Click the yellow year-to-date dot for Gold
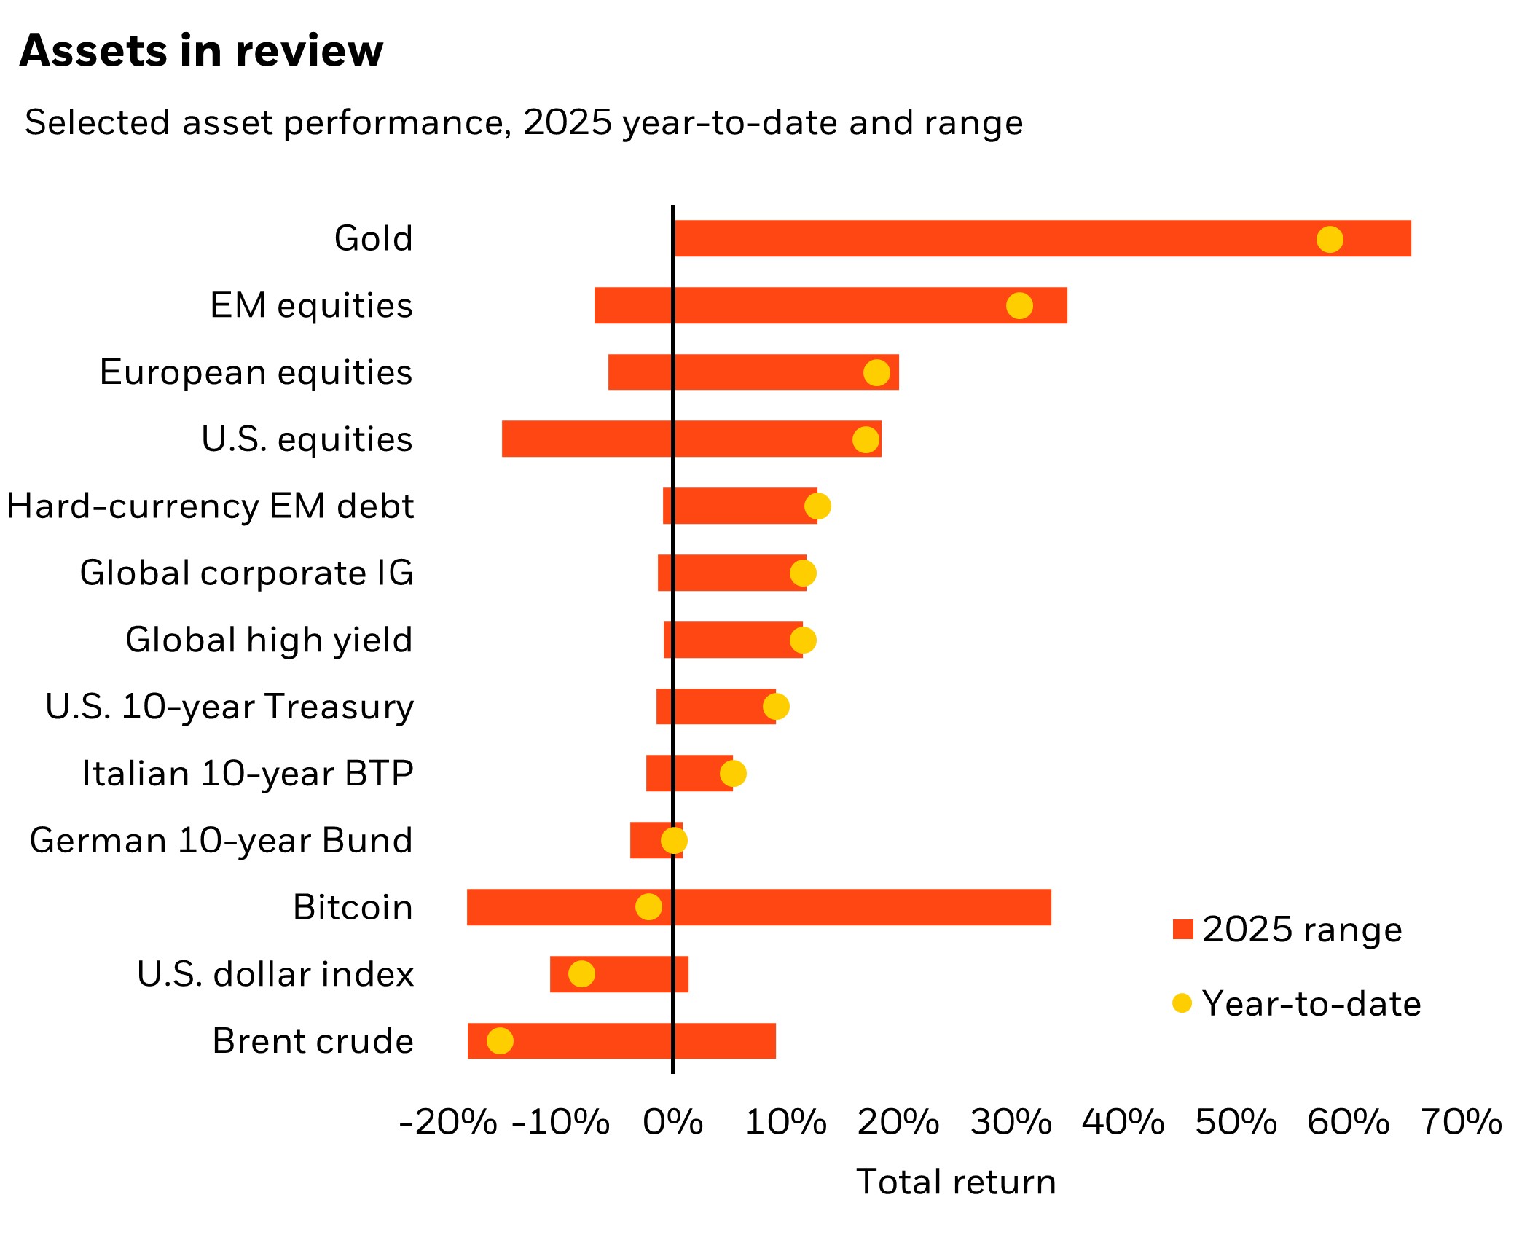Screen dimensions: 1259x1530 [x=1330, y=239]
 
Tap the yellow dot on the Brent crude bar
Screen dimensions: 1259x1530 [x=500, y=1040]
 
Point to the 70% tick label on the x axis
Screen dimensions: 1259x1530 [x=1462, y=1122]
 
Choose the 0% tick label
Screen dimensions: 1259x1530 [x=672, y=1122]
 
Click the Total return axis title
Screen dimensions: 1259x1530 [x=956, y=1182]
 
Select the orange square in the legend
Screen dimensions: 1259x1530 [x=1183, y=930]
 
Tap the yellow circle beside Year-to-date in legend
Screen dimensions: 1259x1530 [x=1182, y=1003]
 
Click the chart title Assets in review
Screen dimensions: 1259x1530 [x=201, y=51]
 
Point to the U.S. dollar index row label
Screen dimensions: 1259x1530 [x=275, y=974]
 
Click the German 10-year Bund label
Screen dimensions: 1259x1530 [x=221, y=840]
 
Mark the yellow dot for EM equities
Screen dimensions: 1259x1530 [x=1019, y=306]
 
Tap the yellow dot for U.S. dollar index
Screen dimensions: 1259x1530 [x=581, y=973]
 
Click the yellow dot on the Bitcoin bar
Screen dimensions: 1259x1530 [x=648, y=907]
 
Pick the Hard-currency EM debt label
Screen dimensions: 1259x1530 [x=211, y=506]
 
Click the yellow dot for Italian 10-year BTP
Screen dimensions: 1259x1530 [x=733, y=773]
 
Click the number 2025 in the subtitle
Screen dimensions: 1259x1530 [x=567, y=122]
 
